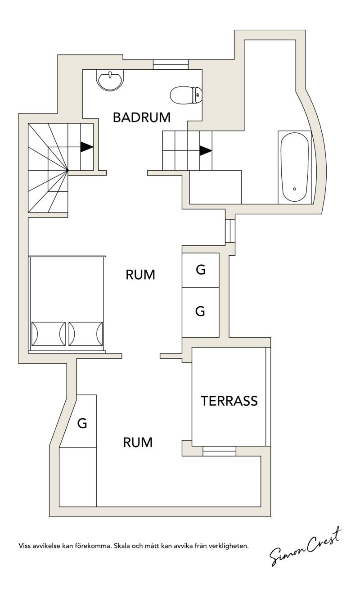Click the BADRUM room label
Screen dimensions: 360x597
141,117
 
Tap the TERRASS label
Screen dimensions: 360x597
229,401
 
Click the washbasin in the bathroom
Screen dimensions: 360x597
110,80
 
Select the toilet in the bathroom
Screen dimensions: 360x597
186,95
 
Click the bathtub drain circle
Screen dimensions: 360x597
294,189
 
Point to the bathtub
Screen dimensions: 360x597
295,167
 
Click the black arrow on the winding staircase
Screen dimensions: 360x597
87,147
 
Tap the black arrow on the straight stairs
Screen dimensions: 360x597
206,150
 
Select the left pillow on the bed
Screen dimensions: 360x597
49,334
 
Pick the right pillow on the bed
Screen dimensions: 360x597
85,334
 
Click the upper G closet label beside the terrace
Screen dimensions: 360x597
201,270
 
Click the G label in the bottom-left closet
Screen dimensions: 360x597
82,423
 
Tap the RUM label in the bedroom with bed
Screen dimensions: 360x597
140,275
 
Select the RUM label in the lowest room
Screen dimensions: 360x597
138,443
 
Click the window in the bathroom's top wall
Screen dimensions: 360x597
171,65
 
